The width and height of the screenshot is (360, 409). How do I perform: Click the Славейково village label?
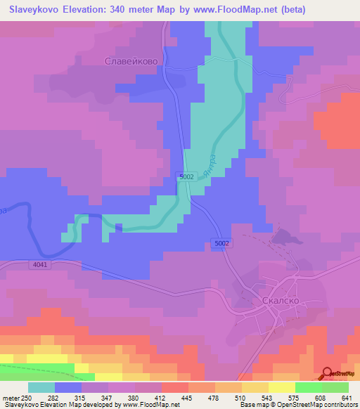tap(131, 62)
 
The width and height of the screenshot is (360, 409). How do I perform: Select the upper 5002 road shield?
tap(186, 177)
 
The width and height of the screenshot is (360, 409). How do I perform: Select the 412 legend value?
tap(162, 398)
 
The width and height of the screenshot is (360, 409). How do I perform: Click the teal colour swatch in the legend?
tap(41, 387)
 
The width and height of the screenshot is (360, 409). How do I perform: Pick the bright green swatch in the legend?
tap(309, 387)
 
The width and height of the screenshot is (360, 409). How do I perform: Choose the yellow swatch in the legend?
tap(282, 387)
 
